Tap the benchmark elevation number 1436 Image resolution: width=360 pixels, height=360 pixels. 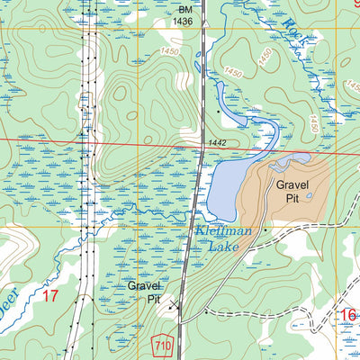pyautogui.click(x=184, y=20)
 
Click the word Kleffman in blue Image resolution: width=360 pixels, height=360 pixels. pyautogui.click(x=225, y=231)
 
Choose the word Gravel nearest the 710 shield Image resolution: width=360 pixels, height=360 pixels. pyautogui.click(x=143, y=286)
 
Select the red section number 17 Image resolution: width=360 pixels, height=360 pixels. pyautogui.click(x=49, y=295)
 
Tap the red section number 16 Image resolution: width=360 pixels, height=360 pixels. pyautogui.click(x=348, y=314)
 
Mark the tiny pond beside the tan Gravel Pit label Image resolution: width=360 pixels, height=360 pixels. pyautogui.click(x=310, y=196)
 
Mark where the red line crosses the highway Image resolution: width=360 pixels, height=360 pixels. pyautogui.click(x=199, y=146)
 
